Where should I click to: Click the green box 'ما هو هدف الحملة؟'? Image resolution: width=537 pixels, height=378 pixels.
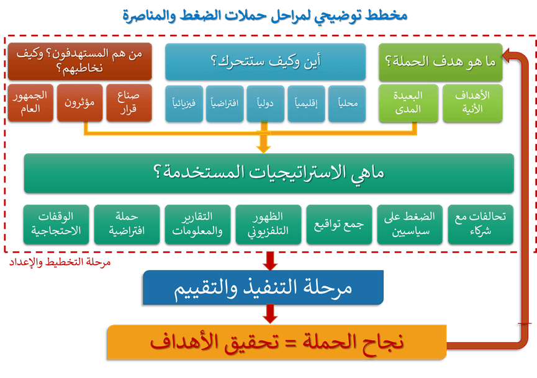(x=440, y=62)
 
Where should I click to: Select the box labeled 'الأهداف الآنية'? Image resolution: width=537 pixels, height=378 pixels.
(x=472, y=103)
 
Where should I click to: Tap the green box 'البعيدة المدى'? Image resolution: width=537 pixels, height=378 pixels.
(x=408, y=103)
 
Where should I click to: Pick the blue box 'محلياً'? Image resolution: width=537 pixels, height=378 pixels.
(x=347, y=104)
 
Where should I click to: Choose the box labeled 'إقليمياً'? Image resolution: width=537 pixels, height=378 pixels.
(x=306, y=104)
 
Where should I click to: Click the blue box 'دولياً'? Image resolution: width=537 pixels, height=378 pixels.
(x=266, y=104)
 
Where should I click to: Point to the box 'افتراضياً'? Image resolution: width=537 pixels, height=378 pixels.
(x=225, y=104)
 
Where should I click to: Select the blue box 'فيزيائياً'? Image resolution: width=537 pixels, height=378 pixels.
(x=184, y=104)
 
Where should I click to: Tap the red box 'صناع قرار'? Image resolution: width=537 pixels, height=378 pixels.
(x=129, y=102)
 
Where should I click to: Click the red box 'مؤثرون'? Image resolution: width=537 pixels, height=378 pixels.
(x=80, y=102)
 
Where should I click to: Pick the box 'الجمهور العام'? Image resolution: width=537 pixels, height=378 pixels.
(x=30, y=102)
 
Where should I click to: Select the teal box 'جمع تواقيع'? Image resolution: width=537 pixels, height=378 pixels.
(x=339, y=225)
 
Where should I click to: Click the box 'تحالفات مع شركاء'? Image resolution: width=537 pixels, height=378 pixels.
(x=481, y=225)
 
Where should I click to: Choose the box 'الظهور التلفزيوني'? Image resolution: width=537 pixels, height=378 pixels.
(x=268, y=225)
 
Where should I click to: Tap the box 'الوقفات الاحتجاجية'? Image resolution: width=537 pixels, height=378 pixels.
(x=56, y=225)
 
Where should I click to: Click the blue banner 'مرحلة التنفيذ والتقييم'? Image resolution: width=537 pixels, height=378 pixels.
(x=263, y=287)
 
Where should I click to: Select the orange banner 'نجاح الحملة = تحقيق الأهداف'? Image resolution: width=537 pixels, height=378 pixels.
(x=277, y=342)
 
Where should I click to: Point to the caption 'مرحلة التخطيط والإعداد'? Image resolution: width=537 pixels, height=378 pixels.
(x=60, y=263)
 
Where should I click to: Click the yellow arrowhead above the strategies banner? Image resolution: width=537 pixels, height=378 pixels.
(x=264, y=148)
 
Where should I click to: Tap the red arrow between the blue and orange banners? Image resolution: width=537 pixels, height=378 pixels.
(x=270, y=313)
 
